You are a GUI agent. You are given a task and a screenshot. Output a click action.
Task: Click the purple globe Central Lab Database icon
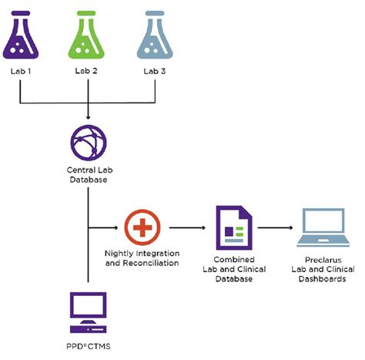pos(90,142)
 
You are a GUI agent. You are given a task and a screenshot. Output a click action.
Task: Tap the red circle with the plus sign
pos(142,227)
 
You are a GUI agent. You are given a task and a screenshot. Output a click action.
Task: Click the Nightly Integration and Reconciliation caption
pos(142,258)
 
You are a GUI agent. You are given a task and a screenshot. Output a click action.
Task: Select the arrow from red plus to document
pos(189,227)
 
